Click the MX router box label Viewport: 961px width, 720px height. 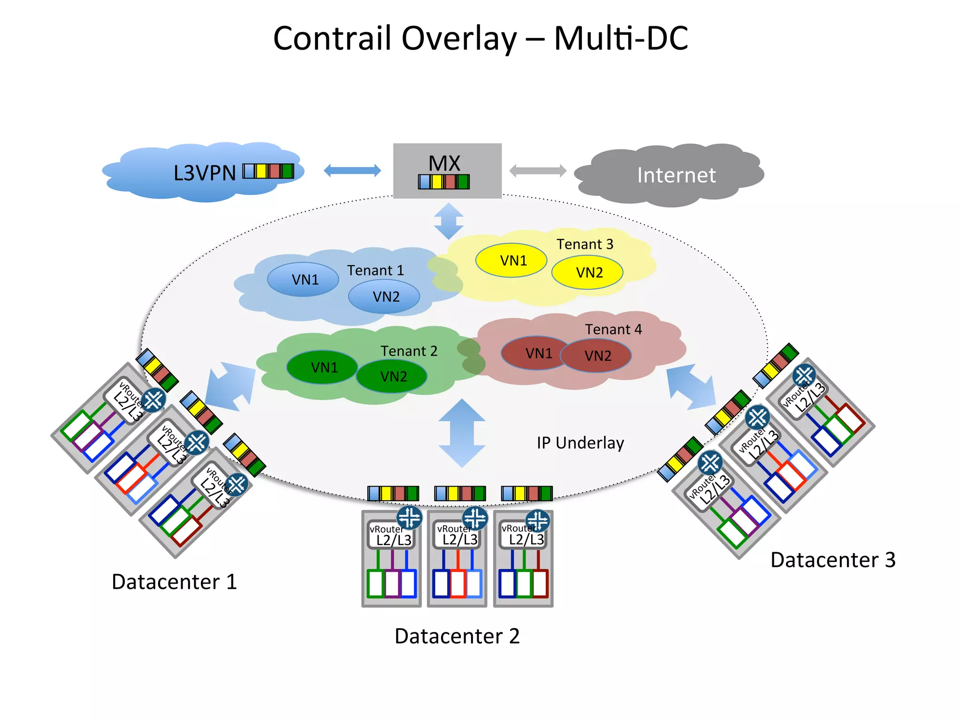click(444, 164)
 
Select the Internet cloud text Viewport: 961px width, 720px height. click(676, 175)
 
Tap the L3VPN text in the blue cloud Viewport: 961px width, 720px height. click(205, 173)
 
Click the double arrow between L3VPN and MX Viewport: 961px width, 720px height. click(352, 171)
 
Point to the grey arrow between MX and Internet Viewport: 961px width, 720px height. click(538, 171)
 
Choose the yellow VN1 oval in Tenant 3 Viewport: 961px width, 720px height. click(511, 260)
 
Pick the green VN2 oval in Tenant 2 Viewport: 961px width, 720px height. click(392, 376)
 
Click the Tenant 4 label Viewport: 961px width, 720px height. click(613, 329)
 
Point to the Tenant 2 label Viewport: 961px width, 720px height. click(409, 351)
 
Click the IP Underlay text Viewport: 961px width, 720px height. click(580, 442)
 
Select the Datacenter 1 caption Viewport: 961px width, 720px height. click(174, 582)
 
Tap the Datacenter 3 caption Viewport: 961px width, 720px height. click(833, 560)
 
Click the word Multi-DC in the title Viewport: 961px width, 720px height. click(621, 38)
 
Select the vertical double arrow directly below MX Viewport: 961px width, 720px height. click(449, 221)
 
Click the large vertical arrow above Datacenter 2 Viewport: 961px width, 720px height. click(462, 433)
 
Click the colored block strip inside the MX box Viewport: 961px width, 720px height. click(444, 181)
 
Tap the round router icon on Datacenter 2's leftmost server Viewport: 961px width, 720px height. click(409, 517)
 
